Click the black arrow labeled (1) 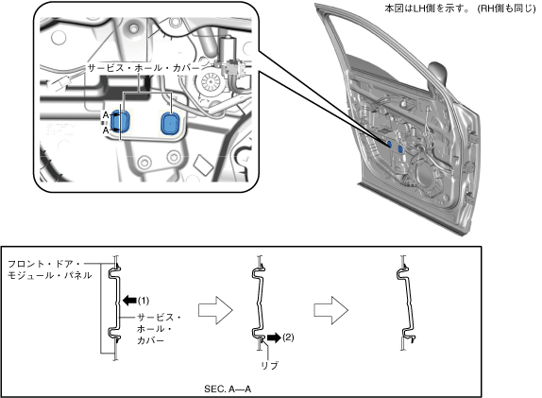(129, 301)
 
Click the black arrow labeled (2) (274, 337)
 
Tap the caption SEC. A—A (228, 389)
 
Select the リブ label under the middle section (270, 366)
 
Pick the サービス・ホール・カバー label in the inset (144, 68)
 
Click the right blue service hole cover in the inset (171, 123)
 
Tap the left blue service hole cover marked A (121, 121)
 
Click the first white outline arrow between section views (215, 310)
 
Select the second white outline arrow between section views (330, 310)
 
